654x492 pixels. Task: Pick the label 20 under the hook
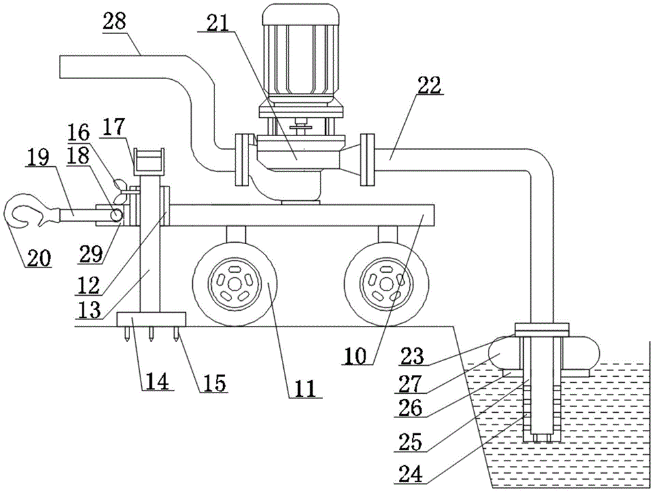(x=38, y=258)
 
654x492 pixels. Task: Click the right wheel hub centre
(x=387, y=283)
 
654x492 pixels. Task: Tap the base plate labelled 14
(x=151, y=320)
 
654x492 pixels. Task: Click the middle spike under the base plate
(x=151, y=335)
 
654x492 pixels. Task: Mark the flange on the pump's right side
(x=368, y=157)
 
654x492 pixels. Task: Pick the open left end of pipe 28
(x=61, y=67)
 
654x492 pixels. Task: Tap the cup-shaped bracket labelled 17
(x=150, y=161)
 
